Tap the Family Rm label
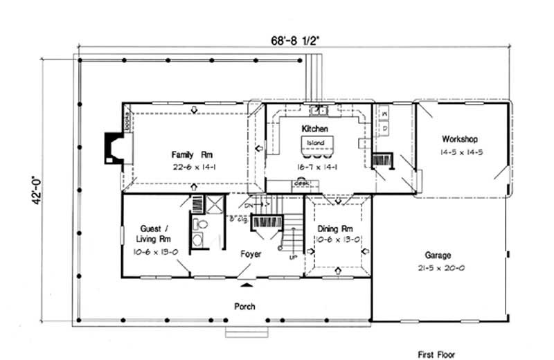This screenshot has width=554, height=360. tap(187, 153)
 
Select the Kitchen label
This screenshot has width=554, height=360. tap(314, 129)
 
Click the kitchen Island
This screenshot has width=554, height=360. tap(316, 145)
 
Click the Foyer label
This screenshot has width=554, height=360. tap(251, 254)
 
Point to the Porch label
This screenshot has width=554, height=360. tap(244, 306)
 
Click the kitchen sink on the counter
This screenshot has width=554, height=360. tap(319, 109)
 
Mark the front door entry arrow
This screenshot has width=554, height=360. tap(246, 283)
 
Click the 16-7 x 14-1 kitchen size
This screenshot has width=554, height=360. tap(316, 167)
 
